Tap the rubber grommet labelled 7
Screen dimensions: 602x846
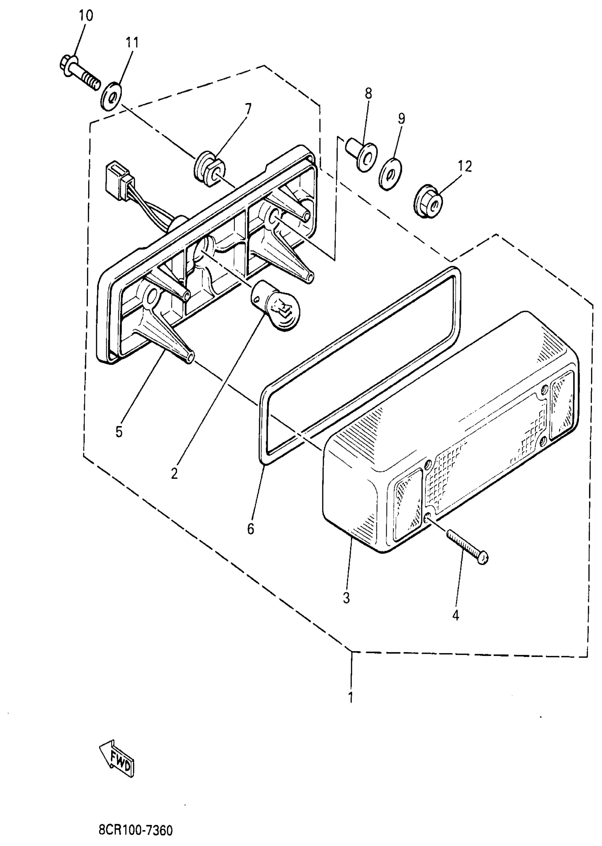coord(209,171)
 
